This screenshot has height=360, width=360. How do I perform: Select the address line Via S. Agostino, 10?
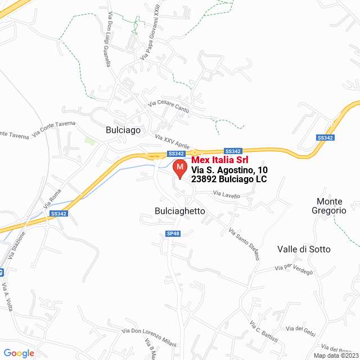click(229, 169)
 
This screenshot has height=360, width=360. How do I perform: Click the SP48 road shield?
click(173, 233)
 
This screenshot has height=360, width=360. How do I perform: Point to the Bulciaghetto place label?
click(179, 211)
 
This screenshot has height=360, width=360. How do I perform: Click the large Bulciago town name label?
click(123, 129)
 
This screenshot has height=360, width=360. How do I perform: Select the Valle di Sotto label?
click(304, 249)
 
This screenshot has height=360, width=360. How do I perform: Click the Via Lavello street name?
click(226, 195)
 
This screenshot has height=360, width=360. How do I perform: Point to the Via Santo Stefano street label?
click(244, 244)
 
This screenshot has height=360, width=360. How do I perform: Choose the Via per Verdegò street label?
click(294, 269)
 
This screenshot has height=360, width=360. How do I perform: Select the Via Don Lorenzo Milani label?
click(149, 337)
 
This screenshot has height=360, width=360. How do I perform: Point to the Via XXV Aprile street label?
click(172, 141)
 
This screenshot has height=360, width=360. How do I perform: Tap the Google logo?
click(19, 353)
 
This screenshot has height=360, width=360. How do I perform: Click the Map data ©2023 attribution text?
click(335, 355)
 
